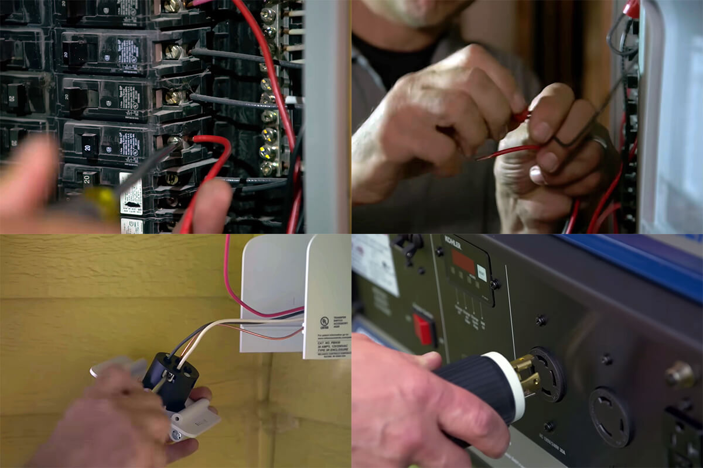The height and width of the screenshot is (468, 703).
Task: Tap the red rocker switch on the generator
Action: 423,328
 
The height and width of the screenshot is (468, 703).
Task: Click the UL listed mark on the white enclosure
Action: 324,322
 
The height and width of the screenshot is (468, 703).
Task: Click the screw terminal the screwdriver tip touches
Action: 175,140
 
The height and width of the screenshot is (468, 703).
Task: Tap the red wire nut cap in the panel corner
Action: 632,8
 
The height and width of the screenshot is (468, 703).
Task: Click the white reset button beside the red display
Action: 482,273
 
